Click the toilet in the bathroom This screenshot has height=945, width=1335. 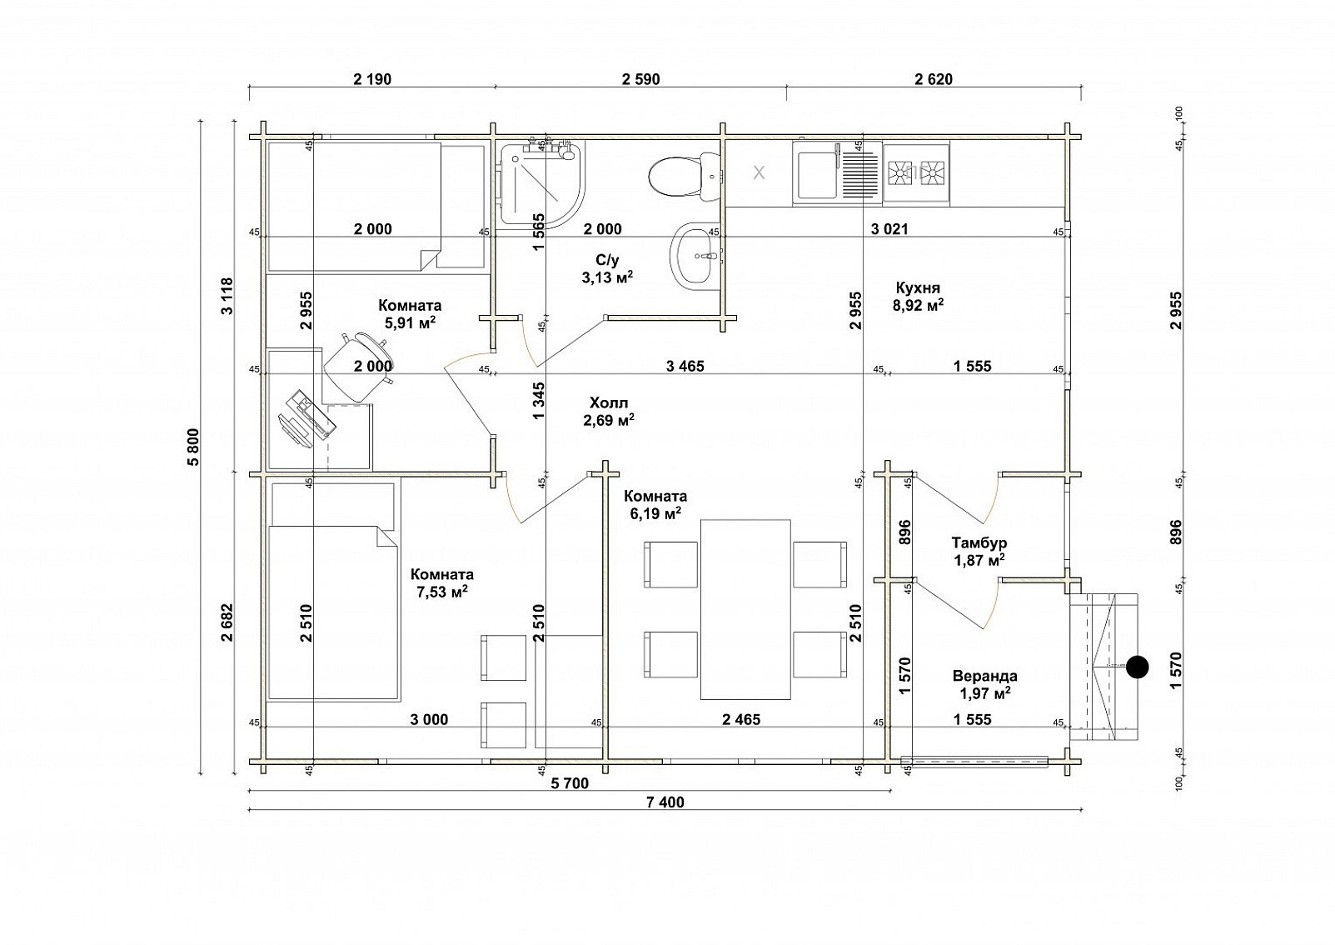685,176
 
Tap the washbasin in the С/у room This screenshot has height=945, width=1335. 695,257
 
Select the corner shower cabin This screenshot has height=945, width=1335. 541,186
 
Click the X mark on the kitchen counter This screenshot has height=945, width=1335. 759,172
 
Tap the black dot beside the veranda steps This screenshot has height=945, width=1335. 1137,667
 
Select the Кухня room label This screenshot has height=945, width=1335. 918,288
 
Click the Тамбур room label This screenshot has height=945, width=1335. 979,542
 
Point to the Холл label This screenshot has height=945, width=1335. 609,402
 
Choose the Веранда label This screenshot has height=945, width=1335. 984,676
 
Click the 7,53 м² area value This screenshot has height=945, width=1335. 441,592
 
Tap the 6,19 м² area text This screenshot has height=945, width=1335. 655,512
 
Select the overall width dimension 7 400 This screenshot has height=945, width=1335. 665,802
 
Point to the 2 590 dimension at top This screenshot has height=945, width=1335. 640,79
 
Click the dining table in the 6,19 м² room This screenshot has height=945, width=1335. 745,608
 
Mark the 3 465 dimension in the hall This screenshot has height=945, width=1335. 685,366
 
